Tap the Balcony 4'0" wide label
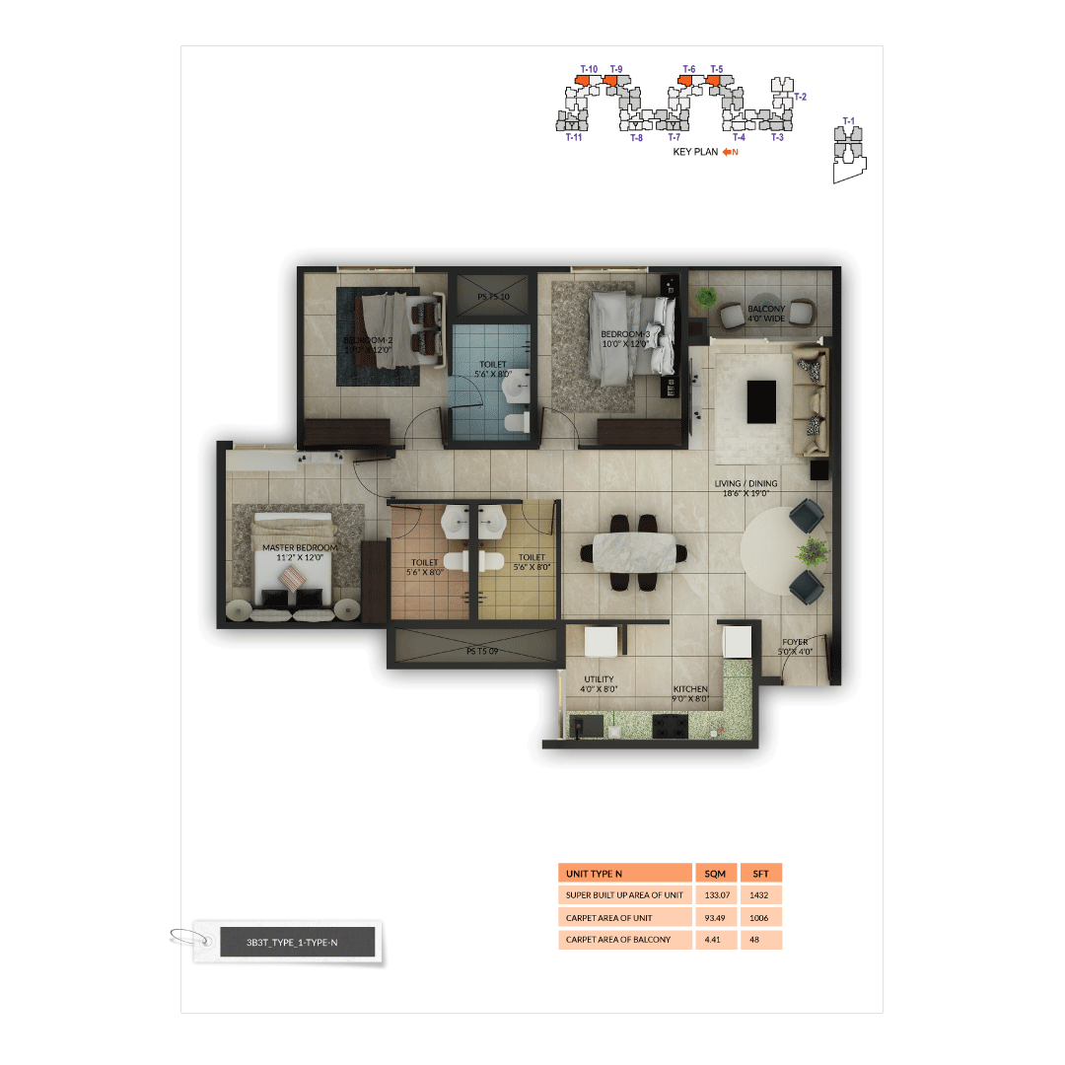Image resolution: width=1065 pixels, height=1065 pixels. pos(766,314)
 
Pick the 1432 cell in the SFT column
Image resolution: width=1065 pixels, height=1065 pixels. pos(760,895)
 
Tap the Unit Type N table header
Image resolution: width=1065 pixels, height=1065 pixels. pos(625,874)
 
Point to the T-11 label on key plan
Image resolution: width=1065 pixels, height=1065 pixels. pos(574,138)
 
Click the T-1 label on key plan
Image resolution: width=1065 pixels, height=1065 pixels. pos(848,121)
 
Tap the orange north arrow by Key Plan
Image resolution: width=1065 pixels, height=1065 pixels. pos(730,153)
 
